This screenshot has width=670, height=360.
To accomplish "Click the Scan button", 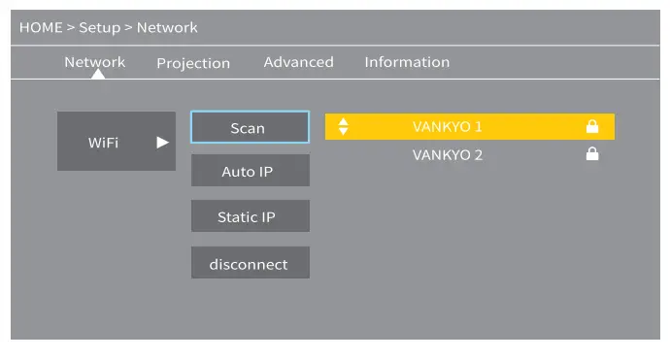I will click(x=250, y=127).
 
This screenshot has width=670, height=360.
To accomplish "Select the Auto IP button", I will click(x=250, y=172).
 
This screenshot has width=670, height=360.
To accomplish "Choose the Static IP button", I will click(x=250, y=216).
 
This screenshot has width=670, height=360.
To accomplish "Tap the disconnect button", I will click(x=250, y=263).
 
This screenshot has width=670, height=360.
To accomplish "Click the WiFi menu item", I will click(x=104, y=142).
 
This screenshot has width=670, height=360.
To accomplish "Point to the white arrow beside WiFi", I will click(x=162, y=142).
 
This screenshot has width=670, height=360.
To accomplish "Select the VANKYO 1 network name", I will click(x=447, y=127).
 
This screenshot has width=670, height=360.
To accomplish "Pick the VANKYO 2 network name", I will click(x=447, y=154).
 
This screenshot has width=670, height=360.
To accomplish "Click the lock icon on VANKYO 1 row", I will click(x=591, y=127).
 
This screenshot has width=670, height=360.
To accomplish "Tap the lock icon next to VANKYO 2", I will click(x=591, y=154).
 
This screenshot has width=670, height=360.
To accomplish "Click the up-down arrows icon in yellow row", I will click(x=343, y=127).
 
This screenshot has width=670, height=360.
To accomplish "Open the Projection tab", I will click(x=193, y=63).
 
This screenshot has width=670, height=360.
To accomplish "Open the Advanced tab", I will click(x=298, y=62).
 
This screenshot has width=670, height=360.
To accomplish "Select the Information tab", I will click(x=407, y=62).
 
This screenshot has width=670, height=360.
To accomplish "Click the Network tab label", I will click(x=94, y=62).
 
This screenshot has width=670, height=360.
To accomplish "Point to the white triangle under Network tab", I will click(x=97, y=75).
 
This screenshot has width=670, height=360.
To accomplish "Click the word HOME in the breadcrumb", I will click(x=40, y=27).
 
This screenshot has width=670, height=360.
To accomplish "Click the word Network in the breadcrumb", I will click(x=166, y=27).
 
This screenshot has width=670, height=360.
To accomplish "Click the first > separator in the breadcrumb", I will click(x=70, y=27).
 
